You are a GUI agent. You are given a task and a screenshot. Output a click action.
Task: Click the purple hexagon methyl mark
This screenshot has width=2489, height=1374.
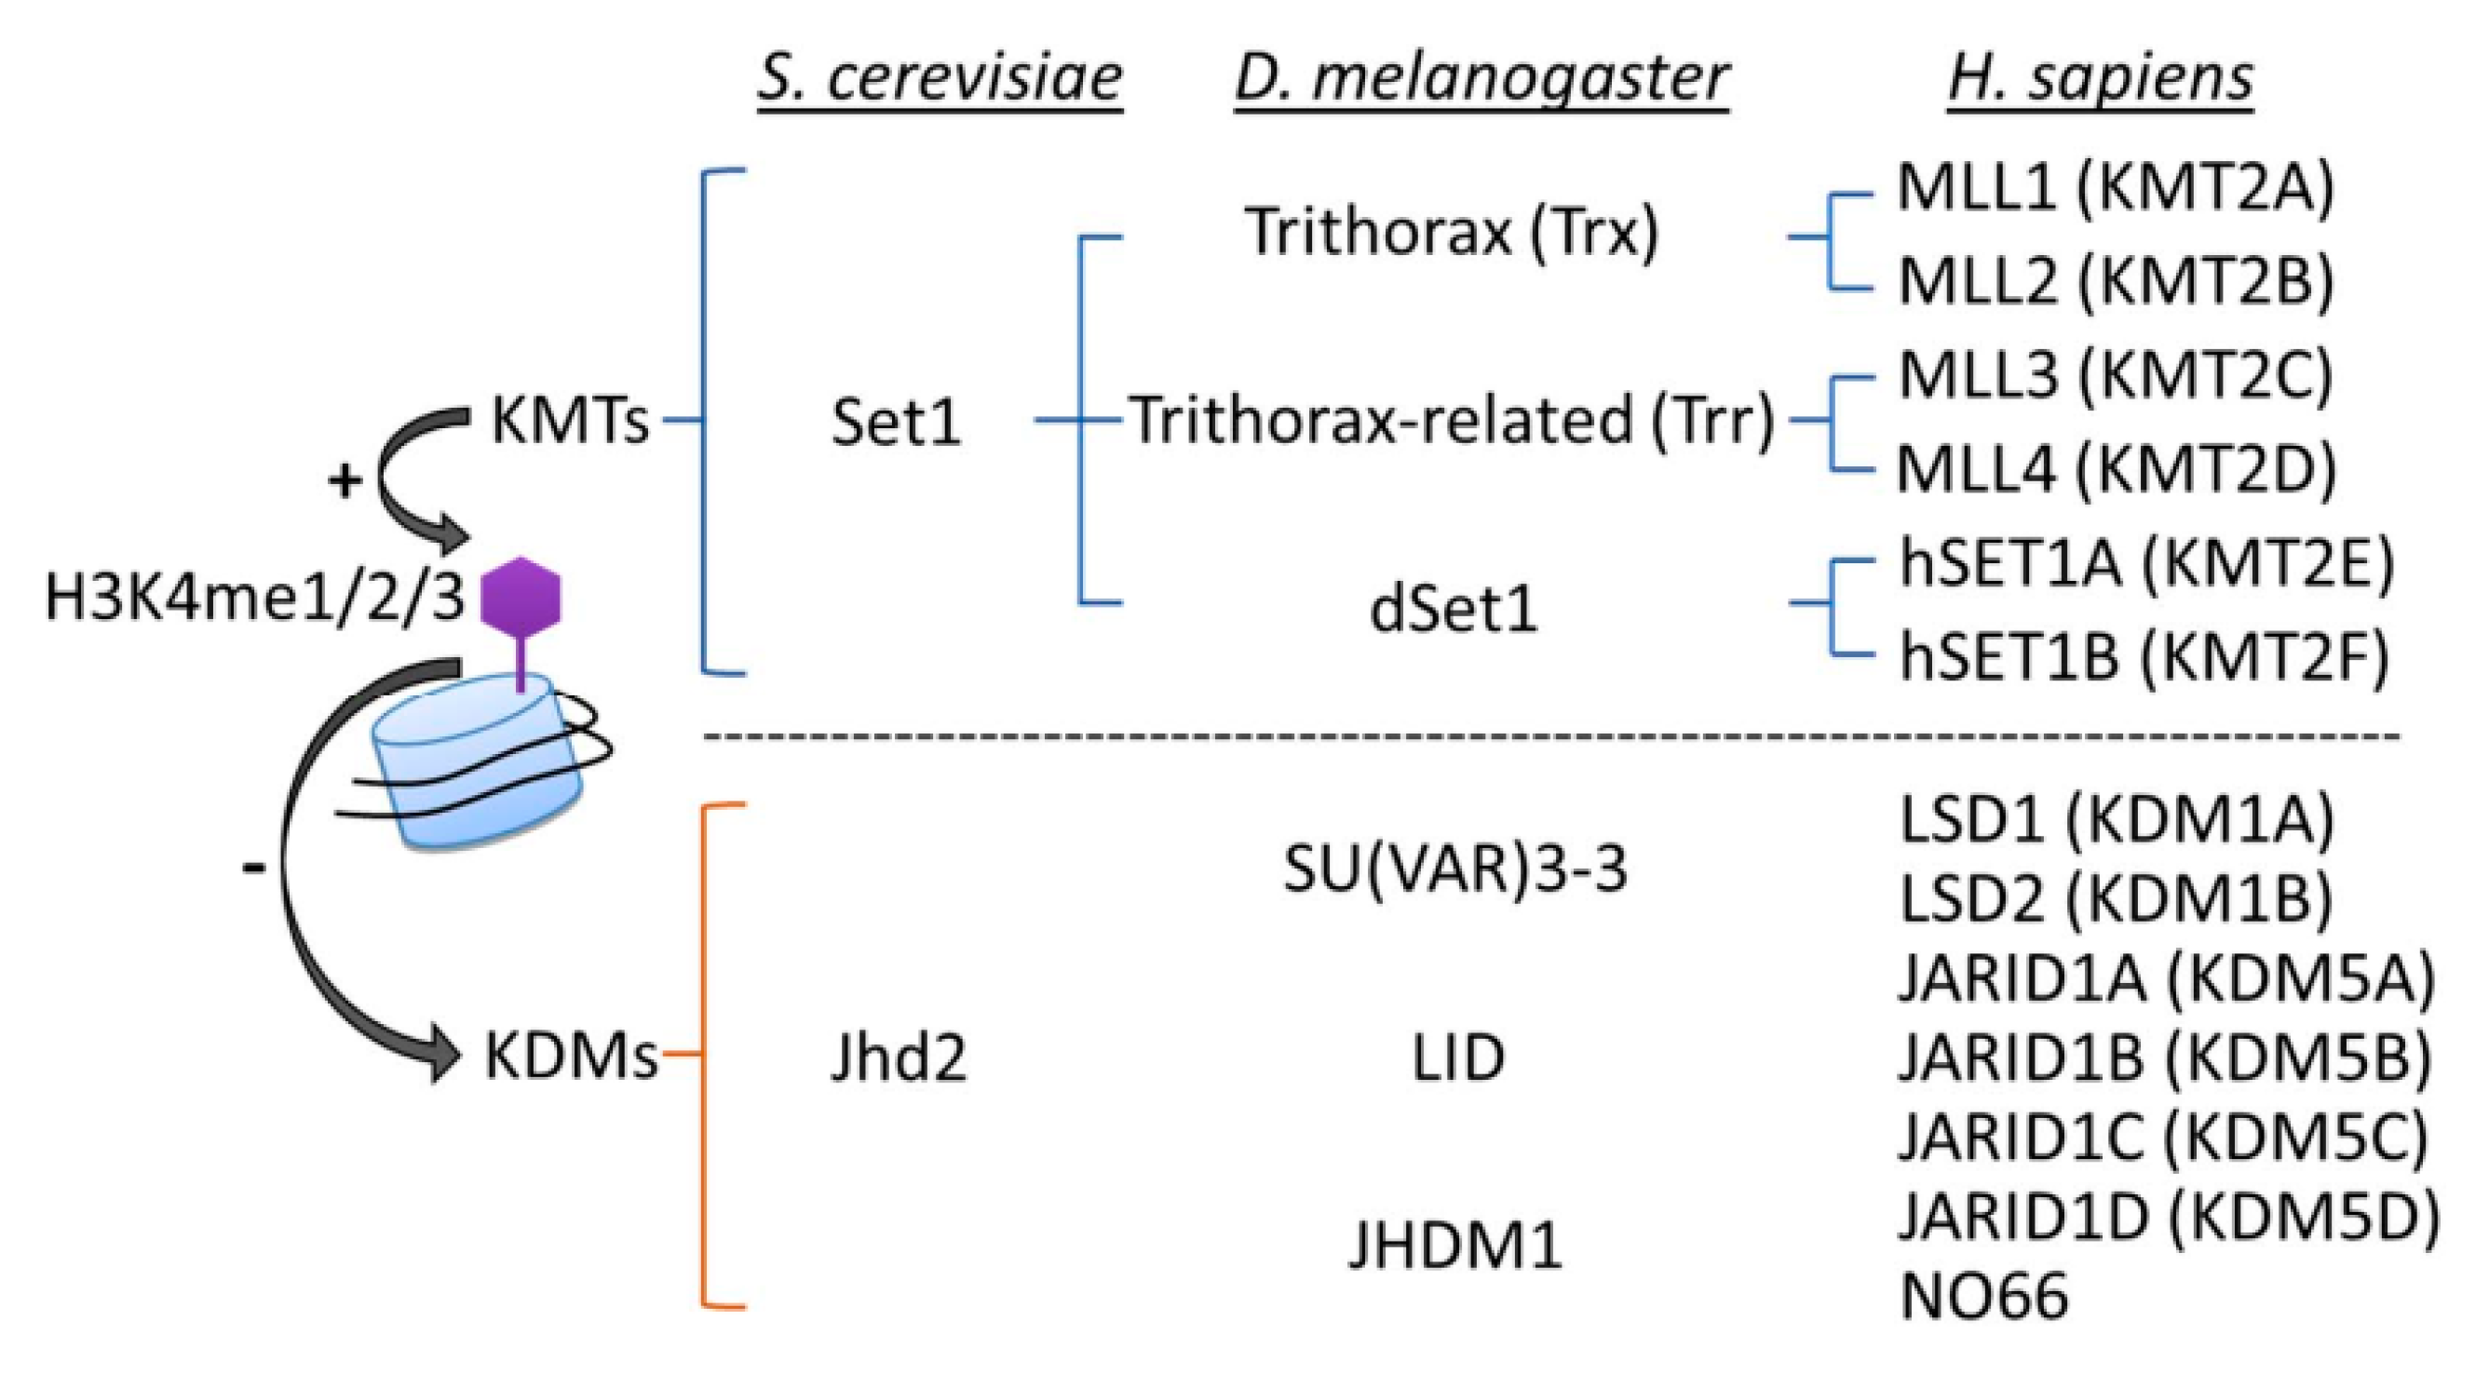click(521, 596)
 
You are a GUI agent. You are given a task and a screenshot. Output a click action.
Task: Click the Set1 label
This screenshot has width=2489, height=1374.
click(896, 423)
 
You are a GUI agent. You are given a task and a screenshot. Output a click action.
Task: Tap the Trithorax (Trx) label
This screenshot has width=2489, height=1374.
click(1452, 232)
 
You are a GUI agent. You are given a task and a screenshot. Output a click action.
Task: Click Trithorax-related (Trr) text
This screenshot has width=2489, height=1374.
click(1453, 421)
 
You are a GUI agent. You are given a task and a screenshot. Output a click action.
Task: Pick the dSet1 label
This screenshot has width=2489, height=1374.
click(1453, 610)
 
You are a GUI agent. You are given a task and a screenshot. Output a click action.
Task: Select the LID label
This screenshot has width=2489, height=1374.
click(1458, 1057)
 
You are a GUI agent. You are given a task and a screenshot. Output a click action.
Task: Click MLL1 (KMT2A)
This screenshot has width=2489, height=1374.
click(2115, 187)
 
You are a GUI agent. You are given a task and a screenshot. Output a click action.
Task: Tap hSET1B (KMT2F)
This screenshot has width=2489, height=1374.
click(2144, 656)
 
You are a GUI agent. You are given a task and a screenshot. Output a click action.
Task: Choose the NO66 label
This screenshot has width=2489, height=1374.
click(1983, 1296)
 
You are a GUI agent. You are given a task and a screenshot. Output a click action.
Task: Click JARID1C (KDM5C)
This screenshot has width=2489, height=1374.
click(2163, 1138)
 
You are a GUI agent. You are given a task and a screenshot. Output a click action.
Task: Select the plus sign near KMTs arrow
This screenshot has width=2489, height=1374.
click(345, 480)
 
